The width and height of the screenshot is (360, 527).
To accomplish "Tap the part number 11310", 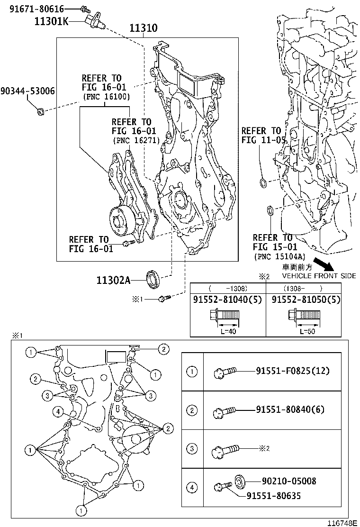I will point(144,28).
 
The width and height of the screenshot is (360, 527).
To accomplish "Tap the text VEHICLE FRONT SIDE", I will point(319,276).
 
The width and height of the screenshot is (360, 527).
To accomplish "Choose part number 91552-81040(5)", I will point(228,300).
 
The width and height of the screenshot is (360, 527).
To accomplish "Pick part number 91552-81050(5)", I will point(307,300).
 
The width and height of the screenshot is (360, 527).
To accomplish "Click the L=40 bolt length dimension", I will point(228,331).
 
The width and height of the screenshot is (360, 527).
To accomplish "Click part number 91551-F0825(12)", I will point(292,371).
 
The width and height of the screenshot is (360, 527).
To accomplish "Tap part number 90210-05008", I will point(288,482).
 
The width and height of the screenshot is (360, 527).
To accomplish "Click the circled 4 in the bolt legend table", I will point(192,487).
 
